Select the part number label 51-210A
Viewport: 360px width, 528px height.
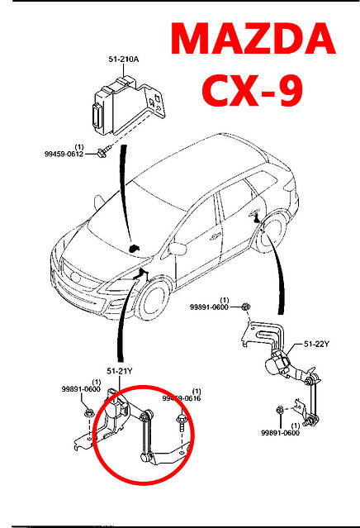[x=123, y=59]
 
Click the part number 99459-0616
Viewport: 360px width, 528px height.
[x=182, y=398]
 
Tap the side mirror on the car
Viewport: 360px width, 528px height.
[x=175, y=249]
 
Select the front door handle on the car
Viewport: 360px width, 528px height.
[x=213, y=237]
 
